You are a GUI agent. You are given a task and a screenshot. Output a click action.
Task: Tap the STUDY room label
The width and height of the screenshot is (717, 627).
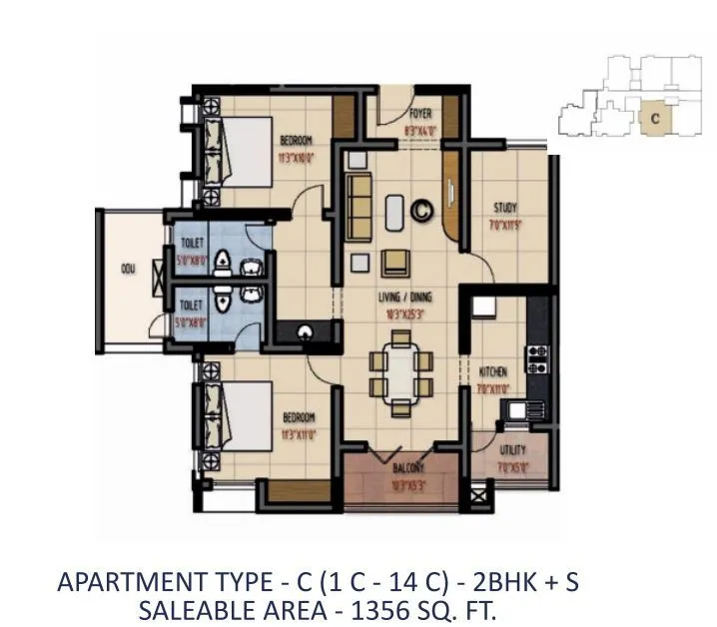tap(504, 208)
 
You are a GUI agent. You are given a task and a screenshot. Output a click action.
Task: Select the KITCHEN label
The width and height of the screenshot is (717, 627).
tap(493, 370)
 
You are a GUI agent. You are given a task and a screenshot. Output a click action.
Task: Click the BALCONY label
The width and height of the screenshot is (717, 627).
tap(407, 466)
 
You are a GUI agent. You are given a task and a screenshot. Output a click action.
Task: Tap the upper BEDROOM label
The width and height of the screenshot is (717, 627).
tap(297, 141)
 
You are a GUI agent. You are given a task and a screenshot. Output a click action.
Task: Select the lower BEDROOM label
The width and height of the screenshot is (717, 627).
tap(298, 416)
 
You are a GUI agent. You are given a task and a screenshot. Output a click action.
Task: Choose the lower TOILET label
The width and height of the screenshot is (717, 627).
tap(191, 305)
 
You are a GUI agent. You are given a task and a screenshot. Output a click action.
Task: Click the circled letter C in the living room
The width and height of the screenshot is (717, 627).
tap(422, 211)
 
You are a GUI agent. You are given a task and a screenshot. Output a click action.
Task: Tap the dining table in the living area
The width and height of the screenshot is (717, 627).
tap(401, 372)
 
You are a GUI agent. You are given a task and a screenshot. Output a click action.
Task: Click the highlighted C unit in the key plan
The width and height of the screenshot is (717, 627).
tap(654, 117)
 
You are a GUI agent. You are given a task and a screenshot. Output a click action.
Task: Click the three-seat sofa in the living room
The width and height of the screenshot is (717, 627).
tap(358, 205)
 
